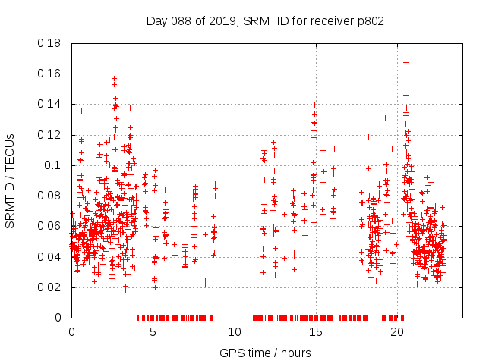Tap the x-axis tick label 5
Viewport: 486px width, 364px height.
153,332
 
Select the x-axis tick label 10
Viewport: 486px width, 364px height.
234,332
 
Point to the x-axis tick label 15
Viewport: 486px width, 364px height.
315,332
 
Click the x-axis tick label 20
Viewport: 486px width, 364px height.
396,332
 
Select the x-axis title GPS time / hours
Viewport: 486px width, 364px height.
265,353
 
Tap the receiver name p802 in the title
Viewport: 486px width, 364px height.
370,20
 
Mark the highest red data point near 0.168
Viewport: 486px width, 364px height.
406,62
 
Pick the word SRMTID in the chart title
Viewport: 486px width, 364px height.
267,20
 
